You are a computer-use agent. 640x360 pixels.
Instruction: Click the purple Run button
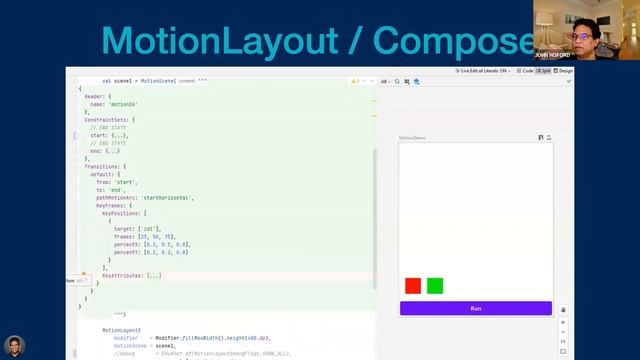pyautogui.click(x=475, y=308)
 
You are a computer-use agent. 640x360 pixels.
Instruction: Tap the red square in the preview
pyautogui.click(x=413, y=286)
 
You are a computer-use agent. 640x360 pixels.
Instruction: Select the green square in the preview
pyautogui.click(x=435, y=286)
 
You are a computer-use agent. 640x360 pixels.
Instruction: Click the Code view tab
pyautogui.click(x=523, y=71)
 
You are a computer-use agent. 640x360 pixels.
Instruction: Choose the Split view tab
pyautogui.click(x=545, y=71)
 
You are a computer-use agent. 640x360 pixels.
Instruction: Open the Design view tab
pyautogui.click(x=565, y=71)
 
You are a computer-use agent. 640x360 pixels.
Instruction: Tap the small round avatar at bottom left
pyautogui.click(x=12, y=348)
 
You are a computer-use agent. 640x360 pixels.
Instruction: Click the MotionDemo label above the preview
pyautogui.click(x=412, y=138)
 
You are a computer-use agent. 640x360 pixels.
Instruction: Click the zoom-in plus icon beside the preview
pyautogui.click(x=563, y=323)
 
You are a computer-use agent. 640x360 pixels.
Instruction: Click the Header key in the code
pyautogui.click(x=94, y=96)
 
